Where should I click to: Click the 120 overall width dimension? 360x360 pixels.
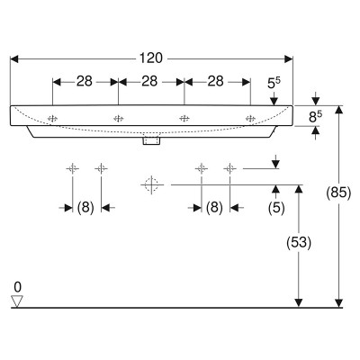[151, 58]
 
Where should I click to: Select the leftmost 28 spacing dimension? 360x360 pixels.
[85, 81]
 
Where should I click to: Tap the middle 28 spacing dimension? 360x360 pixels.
[149, 81]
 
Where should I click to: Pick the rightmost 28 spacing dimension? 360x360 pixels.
[216, 81]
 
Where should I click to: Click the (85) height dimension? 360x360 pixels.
[338, 193]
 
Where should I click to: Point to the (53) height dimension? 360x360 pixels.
[298, 242]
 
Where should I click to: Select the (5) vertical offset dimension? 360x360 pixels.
[276, 208]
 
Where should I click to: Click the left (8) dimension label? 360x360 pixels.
[85, 207]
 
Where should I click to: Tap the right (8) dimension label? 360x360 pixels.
[214, 207]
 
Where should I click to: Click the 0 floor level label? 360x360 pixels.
[18, 287]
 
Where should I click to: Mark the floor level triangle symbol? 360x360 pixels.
[17, 301]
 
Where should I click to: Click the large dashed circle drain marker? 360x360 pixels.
[152, 184]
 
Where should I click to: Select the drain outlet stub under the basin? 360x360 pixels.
[151, 141]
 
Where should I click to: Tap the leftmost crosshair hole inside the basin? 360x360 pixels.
[52, 119]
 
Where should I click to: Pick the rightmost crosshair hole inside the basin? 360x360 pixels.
[250, 119]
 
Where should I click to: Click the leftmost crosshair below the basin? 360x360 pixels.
[73, 169]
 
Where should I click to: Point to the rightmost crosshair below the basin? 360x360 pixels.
[229, 169]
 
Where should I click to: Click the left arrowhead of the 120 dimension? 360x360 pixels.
[14, 58]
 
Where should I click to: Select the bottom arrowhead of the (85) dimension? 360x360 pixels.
[338, 303]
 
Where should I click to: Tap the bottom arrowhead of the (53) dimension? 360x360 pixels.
[299, 303]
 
